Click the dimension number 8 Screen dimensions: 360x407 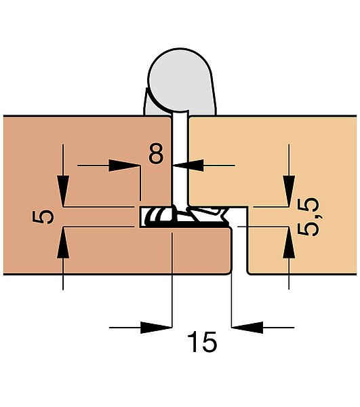157,153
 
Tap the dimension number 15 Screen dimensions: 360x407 202,342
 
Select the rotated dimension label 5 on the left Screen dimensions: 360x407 43,217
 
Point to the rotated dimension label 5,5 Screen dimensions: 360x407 308,217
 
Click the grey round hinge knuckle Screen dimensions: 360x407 180,80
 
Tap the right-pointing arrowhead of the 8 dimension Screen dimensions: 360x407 124,166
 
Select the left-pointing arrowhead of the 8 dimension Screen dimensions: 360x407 188,166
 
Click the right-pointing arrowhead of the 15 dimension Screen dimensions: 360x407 156,328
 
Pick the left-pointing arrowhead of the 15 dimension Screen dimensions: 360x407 247,328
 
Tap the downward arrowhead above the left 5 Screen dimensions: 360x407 63,191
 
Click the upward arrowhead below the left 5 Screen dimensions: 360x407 63,243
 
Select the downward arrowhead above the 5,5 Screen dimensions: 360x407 289,191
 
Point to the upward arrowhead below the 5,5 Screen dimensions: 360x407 289,243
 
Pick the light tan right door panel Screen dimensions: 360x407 273,161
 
